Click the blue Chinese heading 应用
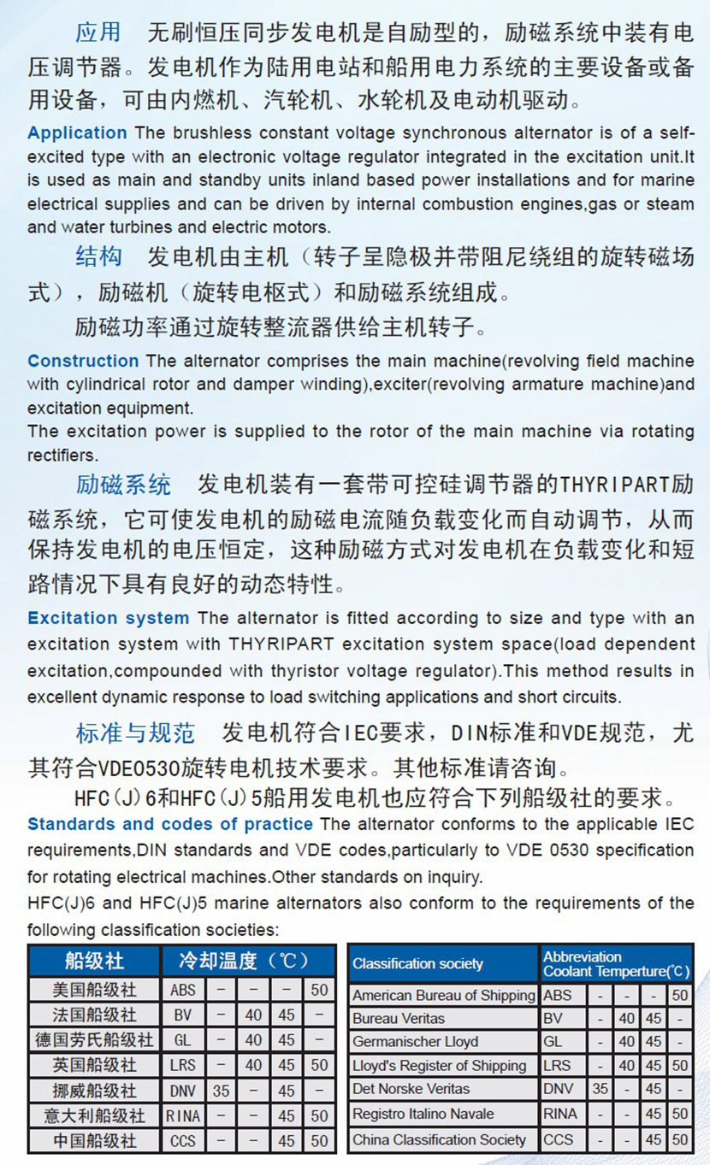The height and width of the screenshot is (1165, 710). [x=98, y=32]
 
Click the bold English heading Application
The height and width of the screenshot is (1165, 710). [x=77, y=132]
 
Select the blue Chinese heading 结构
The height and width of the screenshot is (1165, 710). [x=98, y=256]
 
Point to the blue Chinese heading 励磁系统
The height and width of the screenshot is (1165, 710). [x=123, y=485]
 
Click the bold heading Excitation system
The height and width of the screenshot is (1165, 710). [x=108, y=618]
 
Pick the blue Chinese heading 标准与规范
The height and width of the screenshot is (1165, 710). [x=135, y=733]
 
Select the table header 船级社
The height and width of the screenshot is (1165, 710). [x=94, y=961]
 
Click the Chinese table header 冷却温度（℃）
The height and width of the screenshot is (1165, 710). [x=245, y=961]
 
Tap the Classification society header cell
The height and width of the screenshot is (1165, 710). [x=417, y=963]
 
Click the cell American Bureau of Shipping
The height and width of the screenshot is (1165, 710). [x=443, y=995]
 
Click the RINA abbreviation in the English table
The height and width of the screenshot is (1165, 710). [x=560, y=1114]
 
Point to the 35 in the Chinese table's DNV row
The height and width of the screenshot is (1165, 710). [x=222, y=1090]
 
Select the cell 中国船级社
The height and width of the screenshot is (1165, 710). [x=94, y=1140]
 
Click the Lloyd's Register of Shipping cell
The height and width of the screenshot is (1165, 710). [x=439, y=1066]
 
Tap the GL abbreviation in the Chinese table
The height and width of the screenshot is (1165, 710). [x=182, y=1040]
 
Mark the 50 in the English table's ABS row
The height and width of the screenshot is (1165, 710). [x=679, y=995]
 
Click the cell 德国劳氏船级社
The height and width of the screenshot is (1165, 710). [x=94, y=1040]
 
